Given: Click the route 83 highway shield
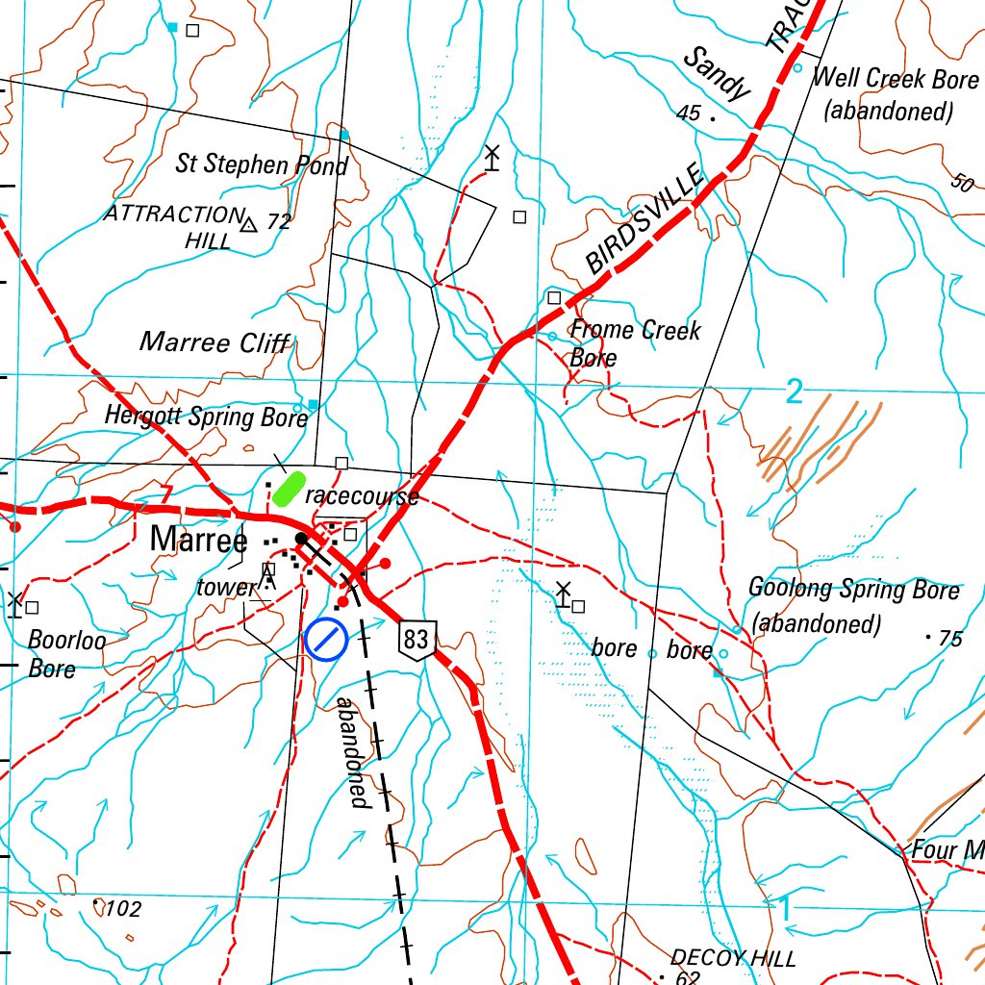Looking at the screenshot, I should (x=417, y=640).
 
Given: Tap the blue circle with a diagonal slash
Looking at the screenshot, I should (x=325, y=640).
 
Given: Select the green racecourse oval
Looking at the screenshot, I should (x=289, y=489).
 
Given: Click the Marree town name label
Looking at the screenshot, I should (x=198, y=540).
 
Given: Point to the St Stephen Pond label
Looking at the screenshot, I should (x=261, y=164).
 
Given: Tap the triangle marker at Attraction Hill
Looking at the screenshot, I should (x=249, y=224).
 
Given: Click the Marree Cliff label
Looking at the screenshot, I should (x=215, y=342).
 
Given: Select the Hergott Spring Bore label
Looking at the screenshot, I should (x=206, y=417).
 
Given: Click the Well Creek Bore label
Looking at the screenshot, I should (x=896, y=93).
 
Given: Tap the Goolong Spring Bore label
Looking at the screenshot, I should (x=853, y=606).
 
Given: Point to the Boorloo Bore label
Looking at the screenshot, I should (x=65, y=653).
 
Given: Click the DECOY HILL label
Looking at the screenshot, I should (x=733, y=958).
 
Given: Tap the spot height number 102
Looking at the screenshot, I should (x=123, y=909).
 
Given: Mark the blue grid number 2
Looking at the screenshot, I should (x=794, y=391).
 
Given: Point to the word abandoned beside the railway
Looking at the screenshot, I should (x=351, y=751).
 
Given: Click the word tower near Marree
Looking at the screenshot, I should (x=227, y=587).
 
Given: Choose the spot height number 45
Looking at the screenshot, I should (x=689, y=114).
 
